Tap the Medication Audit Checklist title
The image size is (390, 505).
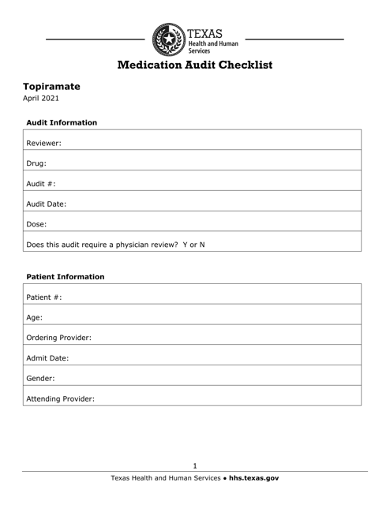[x=195, y=65]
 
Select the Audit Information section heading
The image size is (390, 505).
[x=62, y=123]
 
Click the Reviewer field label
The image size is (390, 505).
[x=44, y=144]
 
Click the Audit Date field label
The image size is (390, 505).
[x=46, y=203]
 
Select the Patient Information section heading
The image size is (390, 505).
[x=66, y=277]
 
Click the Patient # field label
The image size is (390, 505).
[x=44, y=297]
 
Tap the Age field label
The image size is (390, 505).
[x=36, y=317]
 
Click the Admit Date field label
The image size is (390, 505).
[x=47, y=357]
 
